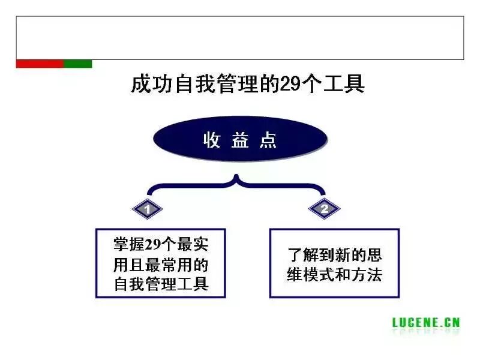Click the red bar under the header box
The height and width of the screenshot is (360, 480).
tap(39, 64)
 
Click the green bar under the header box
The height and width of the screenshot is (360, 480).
tap(77, 64)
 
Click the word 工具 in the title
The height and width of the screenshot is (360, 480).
tap(345, 84)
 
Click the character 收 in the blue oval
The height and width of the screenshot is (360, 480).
tap(212, 140)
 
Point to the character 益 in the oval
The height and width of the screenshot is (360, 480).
tap(240, 140)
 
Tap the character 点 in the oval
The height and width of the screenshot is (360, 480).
tap(268, 140)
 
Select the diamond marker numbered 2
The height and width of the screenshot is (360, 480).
tap(325, 209)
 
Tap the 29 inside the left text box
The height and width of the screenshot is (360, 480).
tap(153, 245)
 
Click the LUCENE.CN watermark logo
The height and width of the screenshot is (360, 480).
tap(426, 322)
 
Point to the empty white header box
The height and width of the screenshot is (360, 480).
tap(240, 37)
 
